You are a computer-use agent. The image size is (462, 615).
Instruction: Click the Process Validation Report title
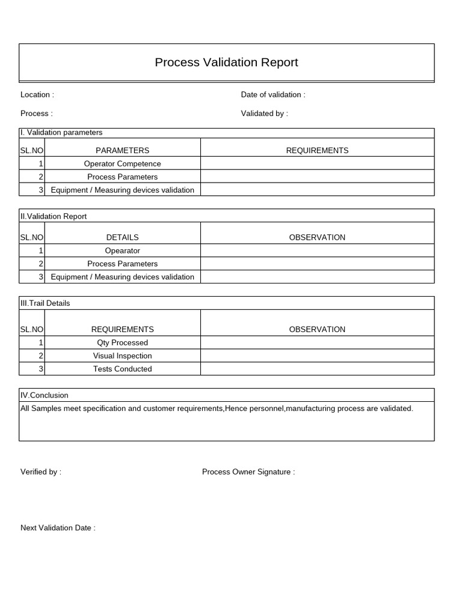(226, 62)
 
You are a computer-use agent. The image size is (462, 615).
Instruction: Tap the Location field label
(37, 95)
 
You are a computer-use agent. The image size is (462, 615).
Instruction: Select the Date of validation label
(273, 95)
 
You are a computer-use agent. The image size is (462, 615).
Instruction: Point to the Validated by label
(264, 114)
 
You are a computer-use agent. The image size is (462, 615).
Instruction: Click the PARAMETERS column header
(122, 151)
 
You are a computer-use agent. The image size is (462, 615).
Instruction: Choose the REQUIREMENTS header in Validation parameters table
(317, 151)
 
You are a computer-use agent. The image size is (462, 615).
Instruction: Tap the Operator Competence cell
(122, 164)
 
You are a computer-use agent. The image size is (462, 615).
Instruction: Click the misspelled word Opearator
(122, 251)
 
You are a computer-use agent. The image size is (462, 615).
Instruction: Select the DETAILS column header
(122, 238)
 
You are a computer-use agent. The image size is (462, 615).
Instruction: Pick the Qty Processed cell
(122, 343)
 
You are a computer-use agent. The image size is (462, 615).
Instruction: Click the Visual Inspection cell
(122, 356)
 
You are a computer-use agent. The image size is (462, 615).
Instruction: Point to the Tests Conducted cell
(122, 369)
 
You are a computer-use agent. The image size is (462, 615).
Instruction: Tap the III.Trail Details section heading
(45, 303)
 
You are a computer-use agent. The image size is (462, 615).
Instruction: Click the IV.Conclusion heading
(45, 395)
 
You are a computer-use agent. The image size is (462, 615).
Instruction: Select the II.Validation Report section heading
(54, 216)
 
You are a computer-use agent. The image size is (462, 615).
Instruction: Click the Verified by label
(41, 472)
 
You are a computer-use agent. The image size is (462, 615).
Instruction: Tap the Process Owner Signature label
(248, 472)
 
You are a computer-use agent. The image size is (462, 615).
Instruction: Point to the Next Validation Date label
(58, 528)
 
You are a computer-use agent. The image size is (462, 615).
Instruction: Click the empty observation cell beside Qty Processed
(317, 343)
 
